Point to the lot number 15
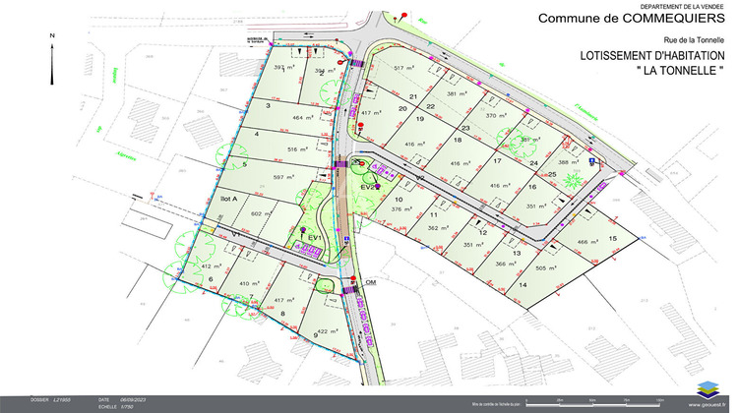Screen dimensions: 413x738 (612, 239)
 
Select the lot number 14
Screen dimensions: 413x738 (523, 285)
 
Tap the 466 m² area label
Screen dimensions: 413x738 (588, 242)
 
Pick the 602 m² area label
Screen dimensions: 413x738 (261, 213)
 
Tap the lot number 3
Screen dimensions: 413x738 (268, 104)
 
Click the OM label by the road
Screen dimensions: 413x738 (371, 282)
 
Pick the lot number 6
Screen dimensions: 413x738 (211, 279)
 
